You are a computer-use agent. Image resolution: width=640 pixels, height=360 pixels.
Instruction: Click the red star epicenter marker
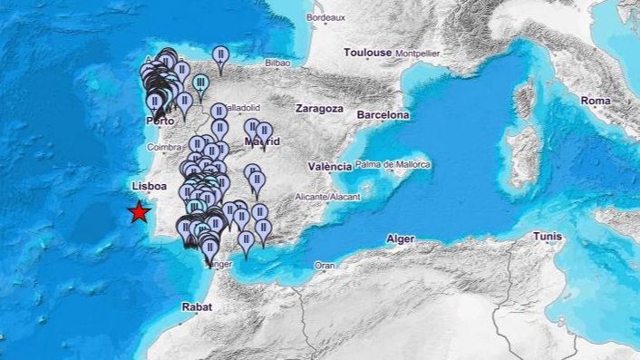pyautogui.click(x=139, y=212)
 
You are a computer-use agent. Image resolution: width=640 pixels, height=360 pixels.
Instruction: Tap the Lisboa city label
pyautogui.click(x=150, y=186)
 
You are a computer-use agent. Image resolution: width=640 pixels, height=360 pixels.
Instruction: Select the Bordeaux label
pyautogui.click(x=326, y=17)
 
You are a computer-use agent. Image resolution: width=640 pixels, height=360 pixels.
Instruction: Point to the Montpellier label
pyautogui.click(x=418, y=54)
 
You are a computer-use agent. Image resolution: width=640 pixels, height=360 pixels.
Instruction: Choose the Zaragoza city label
pyautogui.click(x=319, y=108)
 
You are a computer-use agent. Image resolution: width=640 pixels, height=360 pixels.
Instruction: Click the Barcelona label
pyautogui.click(x=383, y=115)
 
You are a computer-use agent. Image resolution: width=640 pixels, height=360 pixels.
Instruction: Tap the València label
pyautogui.click(x=329, y=166)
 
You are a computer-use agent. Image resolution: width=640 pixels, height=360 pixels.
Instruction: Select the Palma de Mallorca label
pyautogui.click(x=393, y=164)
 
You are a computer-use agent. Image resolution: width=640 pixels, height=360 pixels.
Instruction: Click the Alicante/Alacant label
pyautogui.click(x=328, y=197)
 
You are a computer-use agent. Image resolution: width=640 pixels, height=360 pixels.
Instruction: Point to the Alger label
pyautogui.click(x=401, y=238)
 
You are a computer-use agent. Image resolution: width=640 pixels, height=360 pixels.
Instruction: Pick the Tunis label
pyautogui.click(x=547, y=236)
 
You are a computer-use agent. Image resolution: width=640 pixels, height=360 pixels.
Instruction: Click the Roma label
pyautogui.click(x=596, y=101)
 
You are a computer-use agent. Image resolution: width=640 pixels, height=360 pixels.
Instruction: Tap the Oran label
pyautogui.click(x=325, y=265)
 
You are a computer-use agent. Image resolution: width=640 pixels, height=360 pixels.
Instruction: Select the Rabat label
pyautogui.click(x=197, y=306)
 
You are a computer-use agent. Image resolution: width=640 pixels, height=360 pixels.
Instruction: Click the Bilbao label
pyautogui.click(x=277, y=63)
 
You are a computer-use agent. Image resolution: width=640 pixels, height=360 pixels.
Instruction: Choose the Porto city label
pyautogui.click(x=160, y=121)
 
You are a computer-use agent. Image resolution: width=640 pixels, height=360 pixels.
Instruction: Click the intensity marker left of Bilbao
pyautogui.click(x=219, y=58)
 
